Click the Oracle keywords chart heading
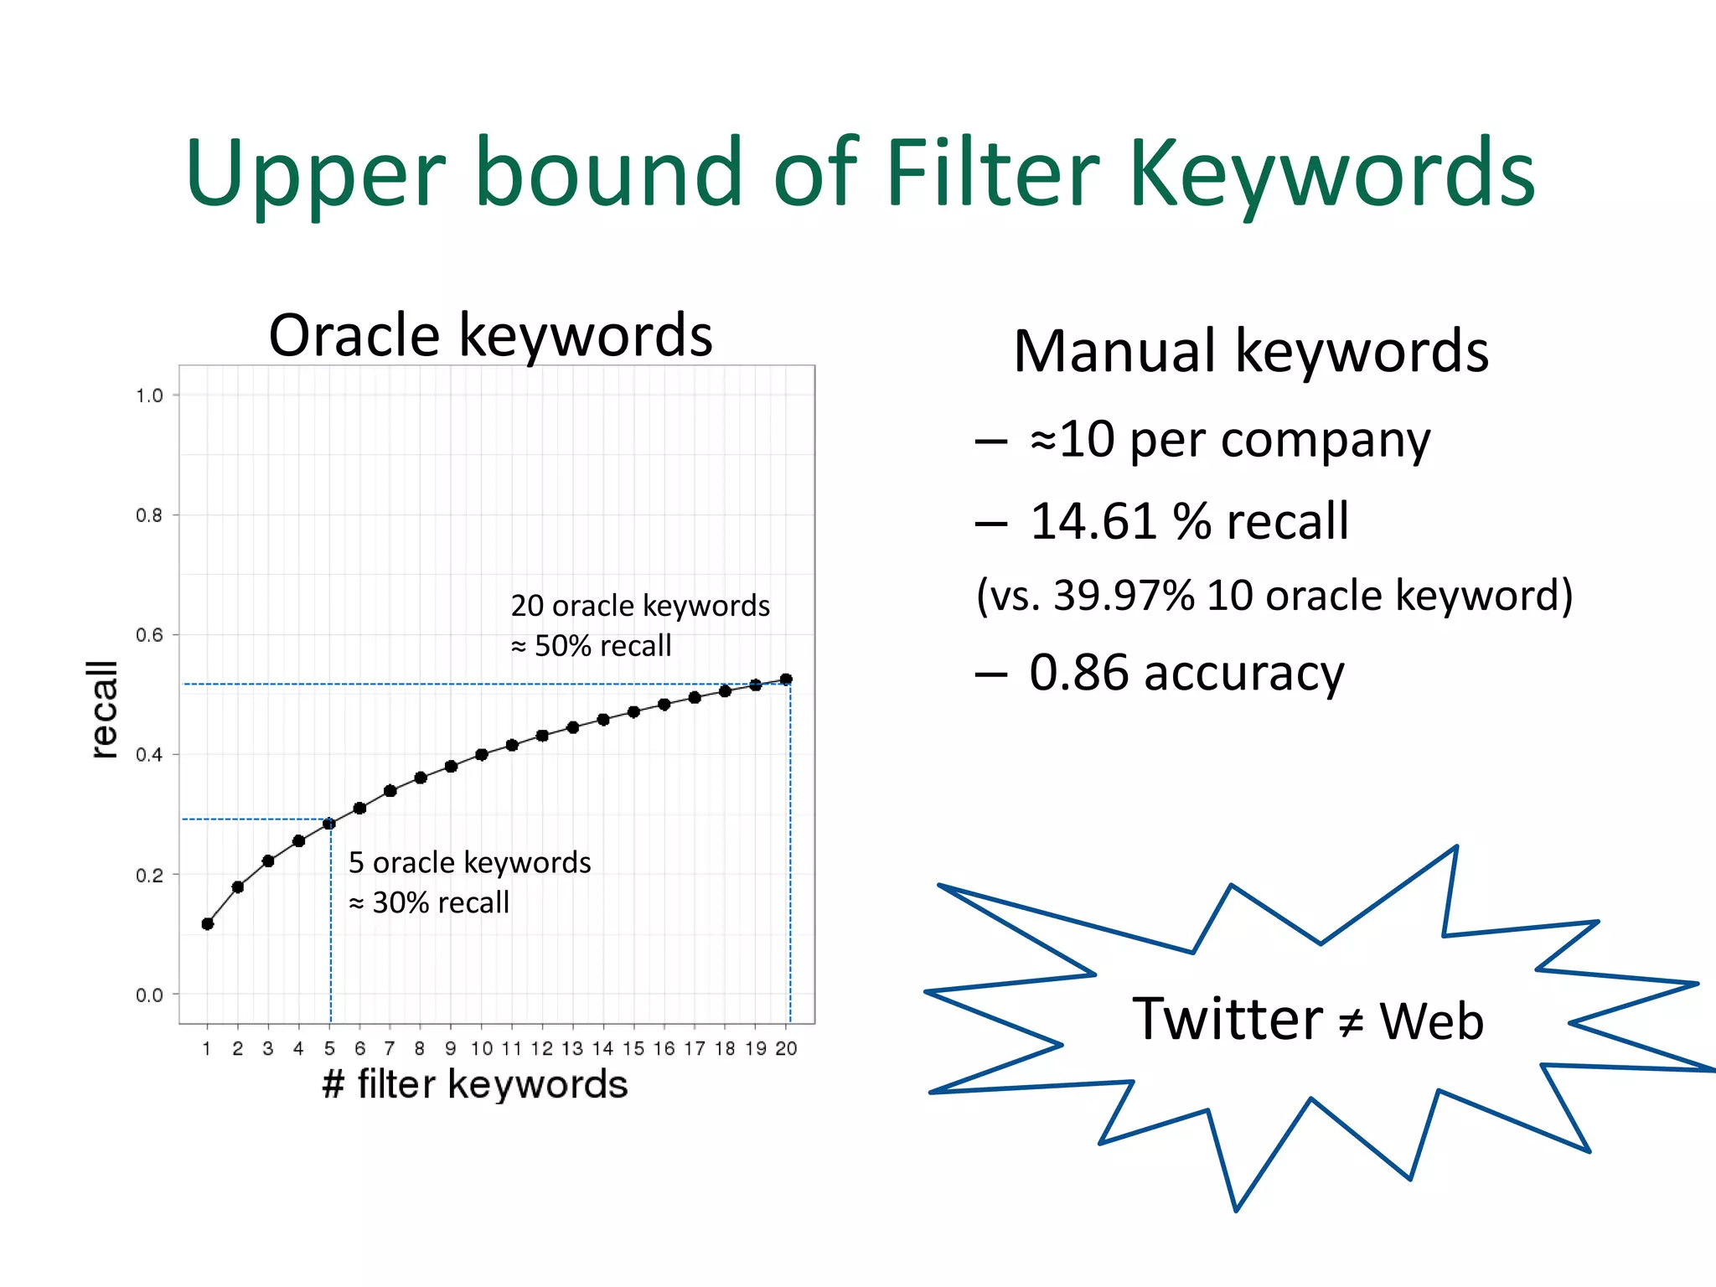click(x=490, y=335)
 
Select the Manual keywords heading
click(x=1250, y=351)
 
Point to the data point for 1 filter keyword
click(x=208, y=923)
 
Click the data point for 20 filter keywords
click(x=786, y=680)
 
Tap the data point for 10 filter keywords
click(x=481, y=754)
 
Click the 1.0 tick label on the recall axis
click(x=149, y=395)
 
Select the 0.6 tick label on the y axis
click(x=149, y=635)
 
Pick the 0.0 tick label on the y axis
click(x=149, y=995)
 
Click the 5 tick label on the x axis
click(x=329, y=1048)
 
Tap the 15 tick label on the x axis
click(x=633, y=1048)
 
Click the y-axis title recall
click(x=103, y=709)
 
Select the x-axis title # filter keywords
click(x=475, y=1084)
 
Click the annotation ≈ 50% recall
click(x=592, y=646)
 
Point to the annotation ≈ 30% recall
click(x=429, y=902)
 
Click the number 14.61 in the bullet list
click(x=1093, y=521)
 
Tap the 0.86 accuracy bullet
click(x=1186, y=673)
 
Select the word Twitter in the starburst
click(x=1227, y=1020)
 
